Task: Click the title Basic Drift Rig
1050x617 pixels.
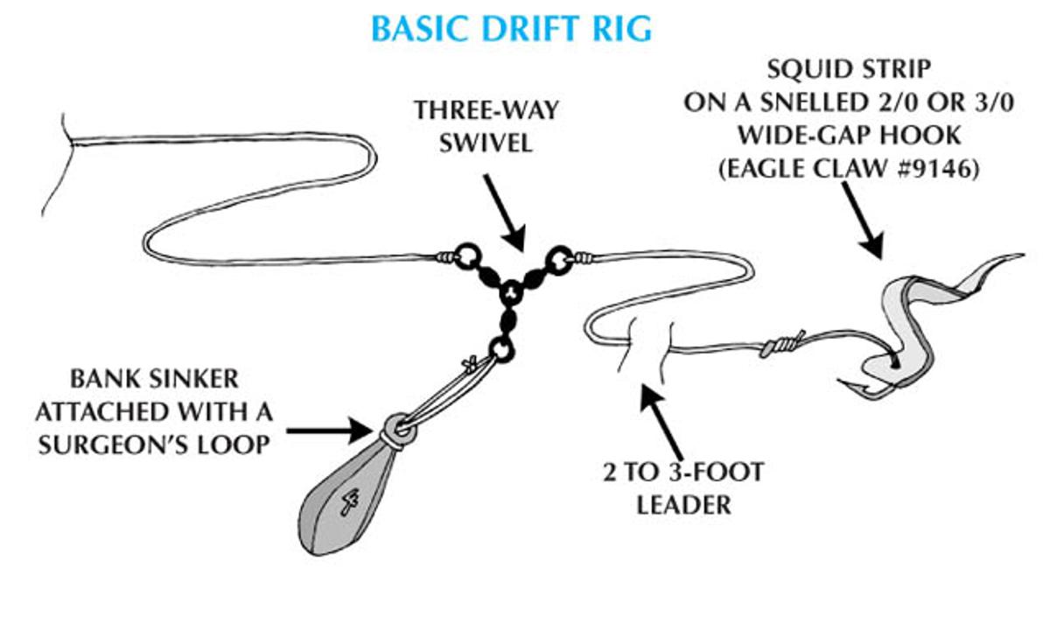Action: pyautogui.click(x=511, y=28)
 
